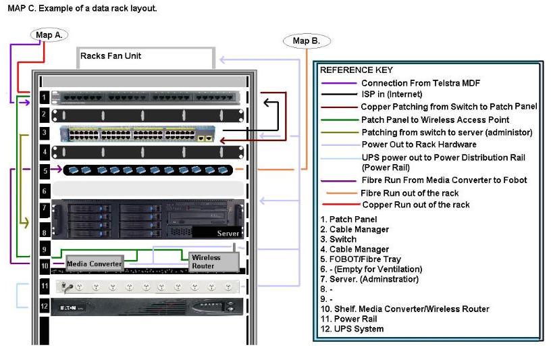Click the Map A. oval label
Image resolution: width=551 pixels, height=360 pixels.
click(49, 35)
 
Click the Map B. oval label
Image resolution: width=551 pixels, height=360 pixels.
click(306, 41)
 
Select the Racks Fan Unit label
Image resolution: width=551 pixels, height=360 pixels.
click(111, 56)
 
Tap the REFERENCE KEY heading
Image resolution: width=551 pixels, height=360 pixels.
click(356, 70)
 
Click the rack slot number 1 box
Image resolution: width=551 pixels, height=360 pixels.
click(45, 97)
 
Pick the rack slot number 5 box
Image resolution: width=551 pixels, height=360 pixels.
click(45, 171)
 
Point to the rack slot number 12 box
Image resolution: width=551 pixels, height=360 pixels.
click(45, 306)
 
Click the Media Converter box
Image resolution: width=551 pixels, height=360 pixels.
click(94, 263)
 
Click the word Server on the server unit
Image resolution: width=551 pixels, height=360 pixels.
click(228, 233)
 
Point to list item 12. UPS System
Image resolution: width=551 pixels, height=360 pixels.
click(352, 329)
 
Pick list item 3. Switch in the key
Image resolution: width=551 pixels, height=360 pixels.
click(338, 239)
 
